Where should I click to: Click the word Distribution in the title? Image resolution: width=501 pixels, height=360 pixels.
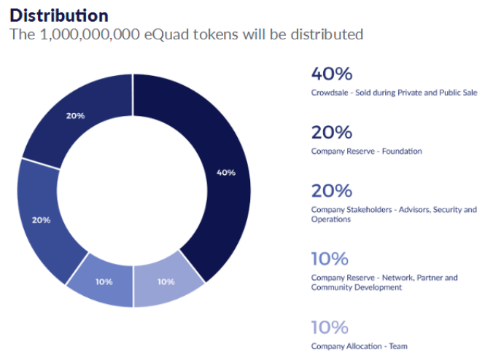point(59,15)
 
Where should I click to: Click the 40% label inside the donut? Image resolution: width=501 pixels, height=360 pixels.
point(226,173)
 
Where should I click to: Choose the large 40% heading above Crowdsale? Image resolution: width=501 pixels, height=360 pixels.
point(331,74)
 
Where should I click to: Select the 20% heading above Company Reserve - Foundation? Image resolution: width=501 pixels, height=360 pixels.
point(331,133)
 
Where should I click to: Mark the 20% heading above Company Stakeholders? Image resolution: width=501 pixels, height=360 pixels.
point(331,191)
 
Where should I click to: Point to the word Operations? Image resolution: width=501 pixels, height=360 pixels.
point(330,219)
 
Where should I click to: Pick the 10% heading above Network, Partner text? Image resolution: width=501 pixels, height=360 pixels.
point(330,259)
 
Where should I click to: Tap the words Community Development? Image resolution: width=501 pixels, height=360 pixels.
point(356,287)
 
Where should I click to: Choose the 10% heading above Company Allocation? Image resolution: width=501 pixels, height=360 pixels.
point(330,327)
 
